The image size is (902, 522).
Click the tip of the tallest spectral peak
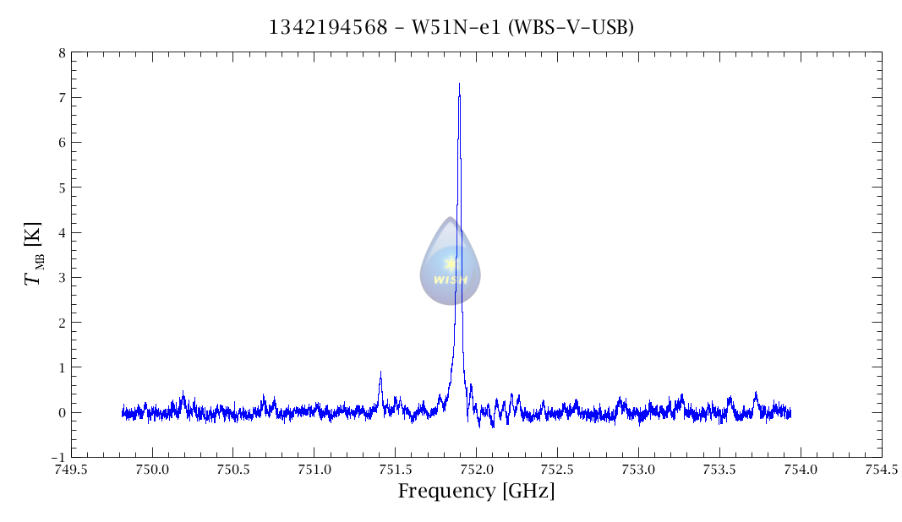pos(459,84)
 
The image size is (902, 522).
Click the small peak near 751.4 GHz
pos(380,373)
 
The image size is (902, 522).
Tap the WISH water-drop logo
pos(451,263)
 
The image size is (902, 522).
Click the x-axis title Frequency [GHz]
pos(476,491)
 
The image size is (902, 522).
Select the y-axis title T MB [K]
pos(35,254)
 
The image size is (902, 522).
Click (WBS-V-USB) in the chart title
pos(571,28)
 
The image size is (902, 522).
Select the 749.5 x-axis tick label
pos(71,470)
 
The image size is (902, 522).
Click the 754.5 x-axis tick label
pos(881,470)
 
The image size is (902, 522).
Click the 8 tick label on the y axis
pos(62,53)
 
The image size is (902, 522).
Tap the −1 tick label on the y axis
pos(58,458)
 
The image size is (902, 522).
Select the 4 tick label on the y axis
pos(62,233)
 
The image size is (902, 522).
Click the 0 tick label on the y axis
pos(62,413)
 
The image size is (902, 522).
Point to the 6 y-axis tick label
pos(62,143)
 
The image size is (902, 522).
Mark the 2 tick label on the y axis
pos(62,323)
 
